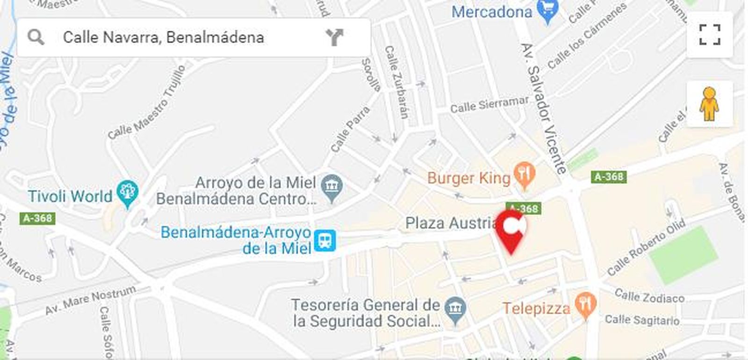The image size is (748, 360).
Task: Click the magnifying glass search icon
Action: click(36, 37)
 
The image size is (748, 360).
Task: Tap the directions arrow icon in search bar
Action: click(334, 37)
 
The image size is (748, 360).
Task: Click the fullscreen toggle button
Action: click(709, 35)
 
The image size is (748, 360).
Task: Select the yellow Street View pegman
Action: click(709, 104)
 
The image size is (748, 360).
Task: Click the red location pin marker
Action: click(511, 230)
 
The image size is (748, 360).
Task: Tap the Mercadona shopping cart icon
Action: click(547, 11)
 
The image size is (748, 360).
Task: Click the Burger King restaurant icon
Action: click(525, 174)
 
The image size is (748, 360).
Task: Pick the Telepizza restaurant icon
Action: click(585, 305)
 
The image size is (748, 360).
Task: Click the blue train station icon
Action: click(324, 240)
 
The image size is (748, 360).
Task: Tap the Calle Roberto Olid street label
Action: click(646, 247)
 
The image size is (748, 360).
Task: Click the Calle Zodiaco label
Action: click(649, 296)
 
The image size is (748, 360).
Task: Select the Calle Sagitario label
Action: click(642, 320)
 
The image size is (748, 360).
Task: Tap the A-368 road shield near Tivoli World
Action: click(37, 218)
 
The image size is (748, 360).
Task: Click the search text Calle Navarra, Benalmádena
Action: click(163, 37)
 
